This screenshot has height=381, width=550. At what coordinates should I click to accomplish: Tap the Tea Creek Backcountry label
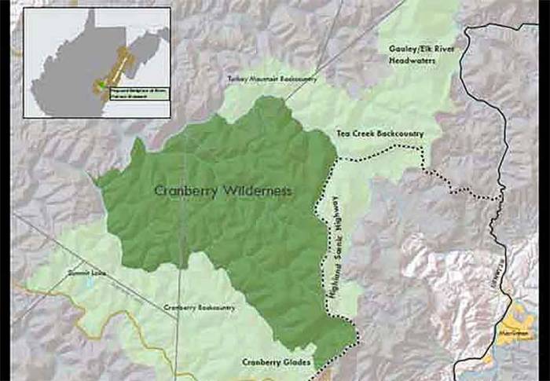point(379,134)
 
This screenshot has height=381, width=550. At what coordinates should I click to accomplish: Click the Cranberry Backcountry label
point(200,308)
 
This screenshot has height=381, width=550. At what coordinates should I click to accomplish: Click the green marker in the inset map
point(101,86)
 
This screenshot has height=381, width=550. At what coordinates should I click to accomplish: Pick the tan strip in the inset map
point(119,67)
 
